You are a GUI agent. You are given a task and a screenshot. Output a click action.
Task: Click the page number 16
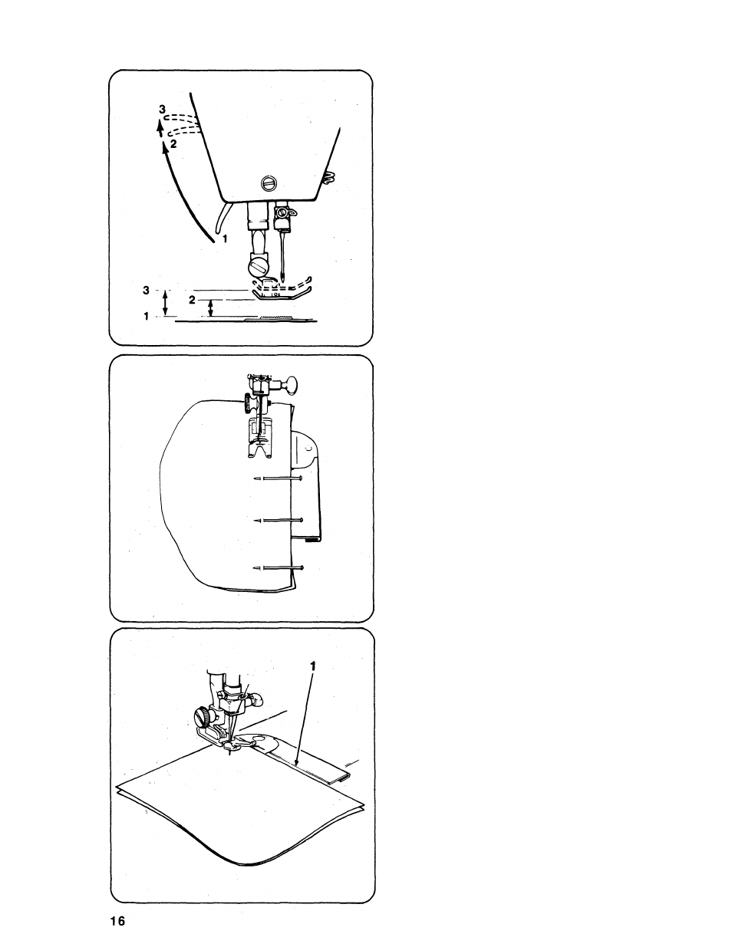[x=117, y=921]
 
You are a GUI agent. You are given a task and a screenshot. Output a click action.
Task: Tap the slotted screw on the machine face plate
[x=269, y=183]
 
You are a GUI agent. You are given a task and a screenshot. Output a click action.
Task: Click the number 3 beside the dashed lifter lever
[x=162, y=109]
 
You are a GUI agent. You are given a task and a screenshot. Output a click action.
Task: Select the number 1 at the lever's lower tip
[x=225, y=238]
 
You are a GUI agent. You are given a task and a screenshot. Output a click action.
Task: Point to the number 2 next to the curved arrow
[x=173, y=144]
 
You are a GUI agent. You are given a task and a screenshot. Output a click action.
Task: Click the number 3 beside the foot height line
[x=146, y=290]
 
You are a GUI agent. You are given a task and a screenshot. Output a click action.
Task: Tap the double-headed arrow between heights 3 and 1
[x=165, y=302]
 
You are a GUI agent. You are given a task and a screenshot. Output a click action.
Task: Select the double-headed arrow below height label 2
[x=210, y=308]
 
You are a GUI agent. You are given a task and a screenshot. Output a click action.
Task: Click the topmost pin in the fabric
[x=279, y=478]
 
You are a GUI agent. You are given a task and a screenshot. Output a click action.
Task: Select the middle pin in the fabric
[x=279, y=520]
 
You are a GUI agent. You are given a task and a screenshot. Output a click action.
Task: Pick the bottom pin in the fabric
[x=278, y=567]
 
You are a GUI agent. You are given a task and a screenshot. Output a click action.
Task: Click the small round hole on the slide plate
[x=309, y=448]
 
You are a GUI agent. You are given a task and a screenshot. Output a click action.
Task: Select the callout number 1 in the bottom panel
[x=312, y=666]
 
